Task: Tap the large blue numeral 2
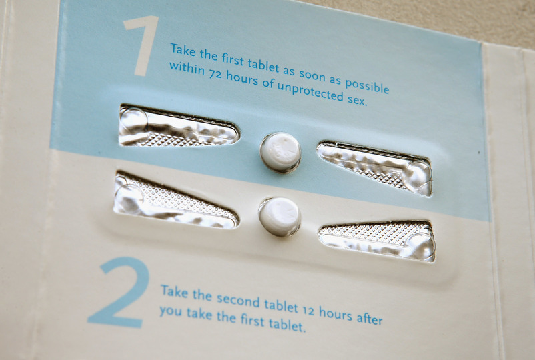pyautogui.click(x=119, y=293)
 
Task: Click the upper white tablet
pyautogui.click(x=280, y=152)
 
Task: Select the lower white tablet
pyautogui.click(x=280, y=217)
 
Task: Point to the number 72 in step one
pyautogui.click(x=215, y=73)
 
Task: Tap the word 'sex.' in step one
pyautogui.click(x=358, y=100)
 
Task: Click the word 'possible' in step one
pyautogui.click(x=367, y=85)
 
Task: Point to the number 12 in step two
pyautogui.click(x=309, y=310)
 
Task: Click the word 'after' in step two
pyautogui.click(x=369, y=318)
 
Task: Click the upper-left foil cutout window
pyautogui.click(x=179, y=126)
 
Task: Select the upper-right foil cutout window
pyautogui.click(x=374, y=168)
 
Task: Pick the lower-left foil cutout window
pyautogui.click(x=175, y=200)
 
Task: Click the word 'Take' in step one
pyautogui.click(x=183, y=51)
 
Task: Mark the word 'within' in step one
pyautogui.click(x=187, y=69)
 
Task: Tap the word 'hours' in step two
pyautogui.click(x=336, y=314)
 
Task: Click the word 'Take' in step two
pyautogui.click(x=174, y=291)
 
